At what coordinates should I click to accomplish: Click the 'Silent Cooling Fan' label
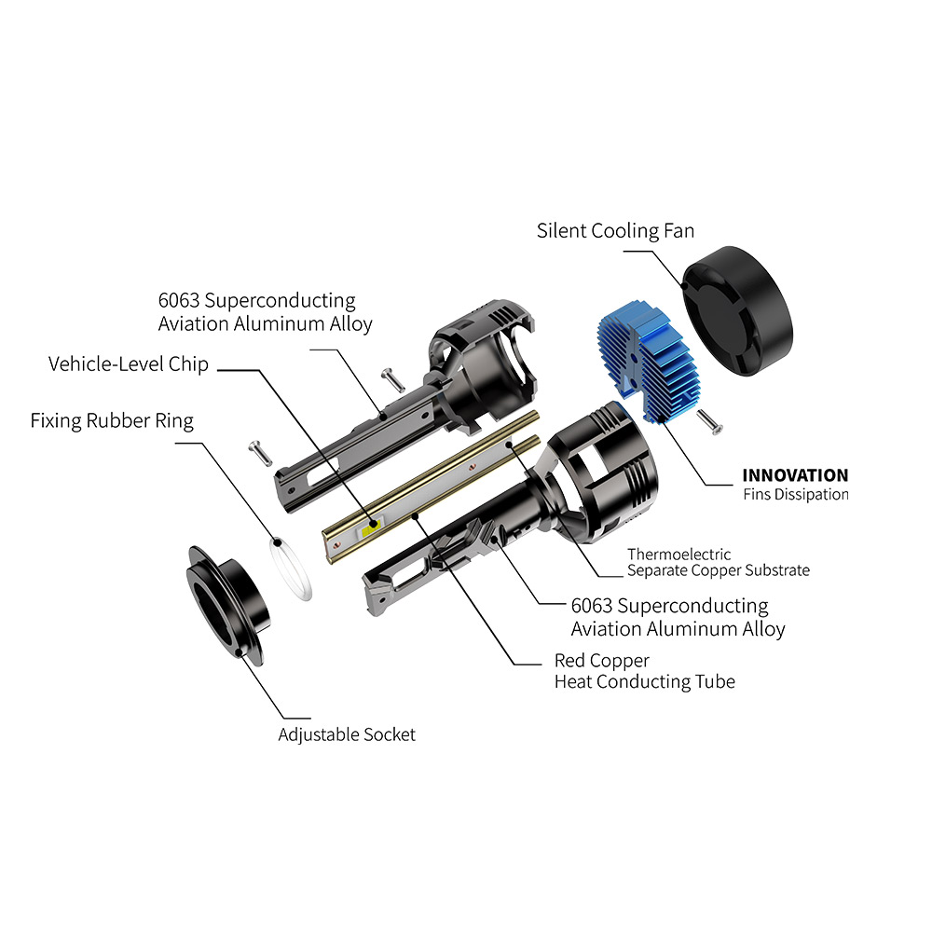coord(615,230)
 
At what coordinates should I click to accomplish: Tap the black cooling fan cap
coord(737,310)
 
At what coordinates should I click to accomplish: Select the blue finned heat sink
coord(649,362)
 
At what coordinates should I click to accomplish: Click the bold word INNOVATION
coord(795,475)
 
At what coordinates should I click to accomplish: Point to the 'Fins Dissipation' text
coord(796,495)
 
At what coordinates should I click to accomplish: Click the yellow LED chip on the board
coord(372,527)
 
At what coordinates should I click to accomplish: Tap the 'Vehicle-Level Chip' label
coord(129,363)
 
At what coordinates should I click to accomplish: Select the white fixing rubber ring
coord(290,569)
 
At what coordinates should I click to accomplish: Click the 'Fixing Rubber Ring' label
coord(112,421)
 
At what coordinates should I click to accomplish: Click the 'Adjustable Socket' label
coord(347,734)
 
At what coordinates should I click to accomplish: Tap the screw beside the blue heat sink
coord(709,421)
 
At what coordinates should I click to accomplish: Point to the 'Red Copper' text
coord(601,661)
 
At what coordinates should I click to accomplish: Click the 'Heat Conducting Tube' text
coord(645,682)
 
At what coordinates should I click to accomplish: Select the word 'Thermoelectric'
coord(678,554)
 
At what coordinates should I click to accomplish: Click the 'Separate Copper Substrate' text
coord(718,570)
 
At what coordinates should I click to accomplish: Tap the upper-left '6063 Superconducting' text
coord(257,301)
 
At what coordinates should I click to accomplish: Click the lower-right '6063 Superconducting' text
coord(669,606)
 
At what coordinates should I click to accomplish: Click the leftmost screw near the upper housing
coord(260,453)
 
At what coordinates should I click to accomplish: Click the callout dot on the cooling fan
coord(684,286)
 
